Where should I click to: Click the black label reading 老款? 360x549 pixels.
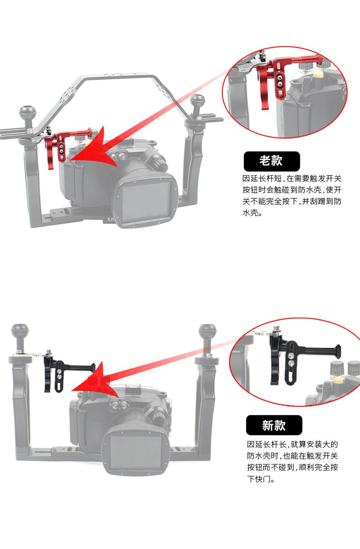[272, 161]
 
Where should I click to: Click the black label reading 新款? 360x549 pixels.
[274, 425]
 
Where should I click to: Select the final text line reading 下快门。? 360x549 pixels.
[260, 479]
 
